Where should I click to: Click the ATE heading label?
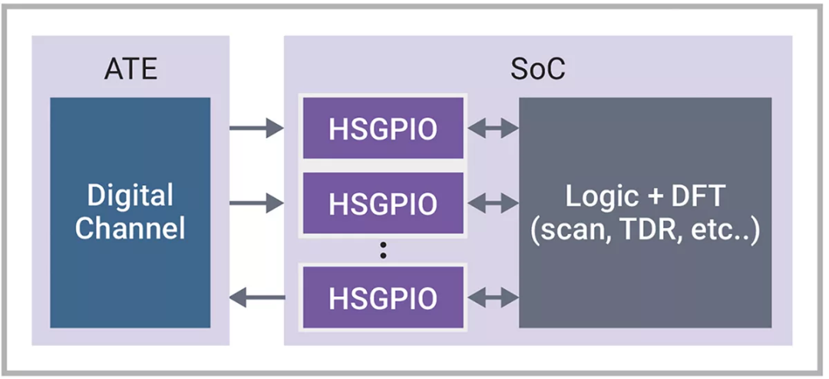click(130, 68)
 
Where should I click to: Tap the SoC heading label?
click(537, 68)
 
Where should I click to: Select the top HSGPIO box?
click(383, 128)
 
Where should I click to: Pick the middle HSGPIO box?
click(383, 203)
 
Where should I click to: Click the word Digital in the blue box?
click(130, 196)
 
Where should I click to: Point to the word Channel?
click(130, 228)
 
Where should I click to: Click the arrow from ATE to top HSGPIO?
click(257, 128)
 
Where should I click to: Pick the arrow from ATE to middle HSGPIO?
click(257, 203)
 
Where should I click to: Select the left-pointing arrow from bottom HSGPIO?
click(257, 297)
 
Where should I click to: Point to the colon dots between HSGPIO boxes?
click(383, 249)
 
